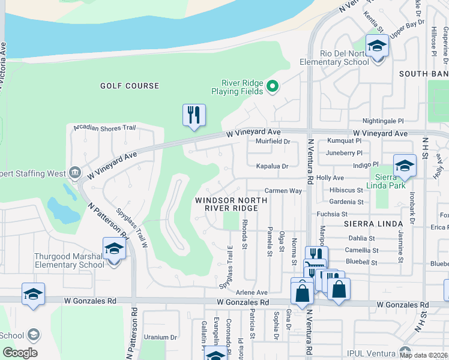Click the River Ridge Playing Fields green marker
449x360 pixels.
pyautogui.click(x=273, y=87)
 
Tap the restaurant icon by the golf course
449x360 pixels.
pyautogui.click(x=194, y=115)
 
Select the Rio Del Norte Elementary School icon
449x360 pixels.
pyautogui.click(x=377, y=46)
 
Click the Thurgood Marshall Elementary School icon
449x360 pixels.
pyautogui.click(x=113, y=248)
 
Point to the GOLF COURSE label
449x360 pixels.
pyautogui.click(x=130, y=86)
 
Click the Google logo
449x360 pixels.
pyautogui.click(x=20, y=352)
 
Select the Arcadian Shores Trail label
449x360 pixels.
pyautogui.click(x=105, y=128)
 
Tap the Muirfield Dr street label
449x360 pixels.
pyautogui.click(x=273, y=142)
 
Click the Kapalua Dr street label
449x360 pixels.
pyautogui.click(x=273, y=166)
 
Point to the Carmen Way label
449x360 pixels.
pyautogui.click(x=283, y=190)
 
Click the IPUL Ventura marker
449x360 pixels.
pyautogui.click(x=406, y=350)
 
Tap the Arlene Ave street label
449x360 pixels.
pyautogui.click(x=252, y=292)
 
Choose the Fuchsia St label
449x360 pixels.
pyautogui.click(x=332, y=214)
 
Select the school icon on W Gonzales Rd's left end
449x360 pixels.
pyautogui.click(x=33, y=295)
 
